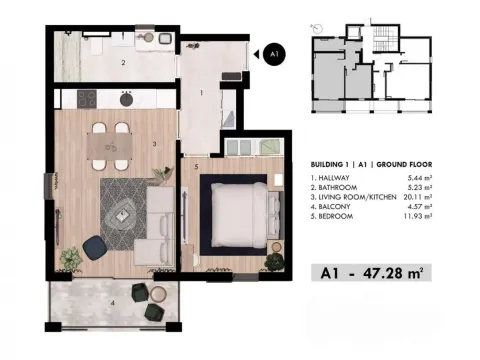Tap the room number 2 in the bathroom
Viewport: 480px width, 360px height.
123,63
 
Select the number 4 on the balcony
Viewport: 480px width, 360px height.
112,301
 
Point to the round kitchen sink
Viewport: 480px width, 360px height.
127,99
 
